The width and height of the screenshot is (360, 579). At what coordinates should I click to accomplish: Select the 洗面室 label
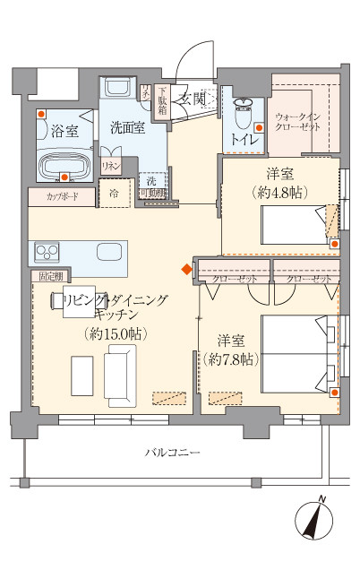pos(127,126)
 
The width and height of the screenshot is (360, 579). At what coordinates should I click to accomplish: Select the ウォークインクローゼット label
pos(298,123)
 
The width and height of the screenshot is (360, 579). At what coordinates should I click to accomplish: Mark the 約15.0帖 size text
pos(116,333)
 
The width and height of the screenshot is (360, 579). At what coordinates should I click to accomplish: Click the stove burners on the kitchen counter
pos(47,249)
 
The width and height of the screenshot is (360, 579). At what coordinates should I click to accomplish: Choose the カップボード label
pos(50,194)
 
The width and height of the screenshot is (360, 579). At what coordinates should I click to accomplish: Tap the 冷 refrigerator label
pos(115,193)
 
